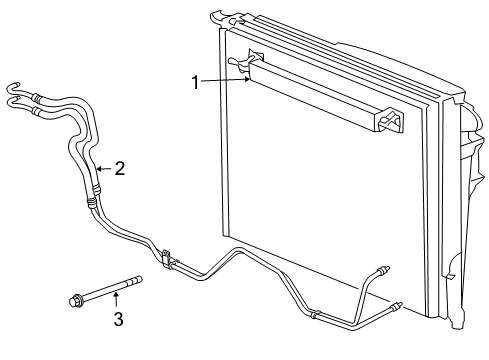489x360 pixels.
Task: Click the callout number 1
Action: click(197, 83)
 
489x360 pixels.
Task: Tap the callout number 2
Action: click(119, 169)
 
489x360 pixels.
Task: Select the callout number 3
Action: click(117, 319)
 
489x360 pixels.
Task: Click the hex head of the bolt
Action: click(75, 299)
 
